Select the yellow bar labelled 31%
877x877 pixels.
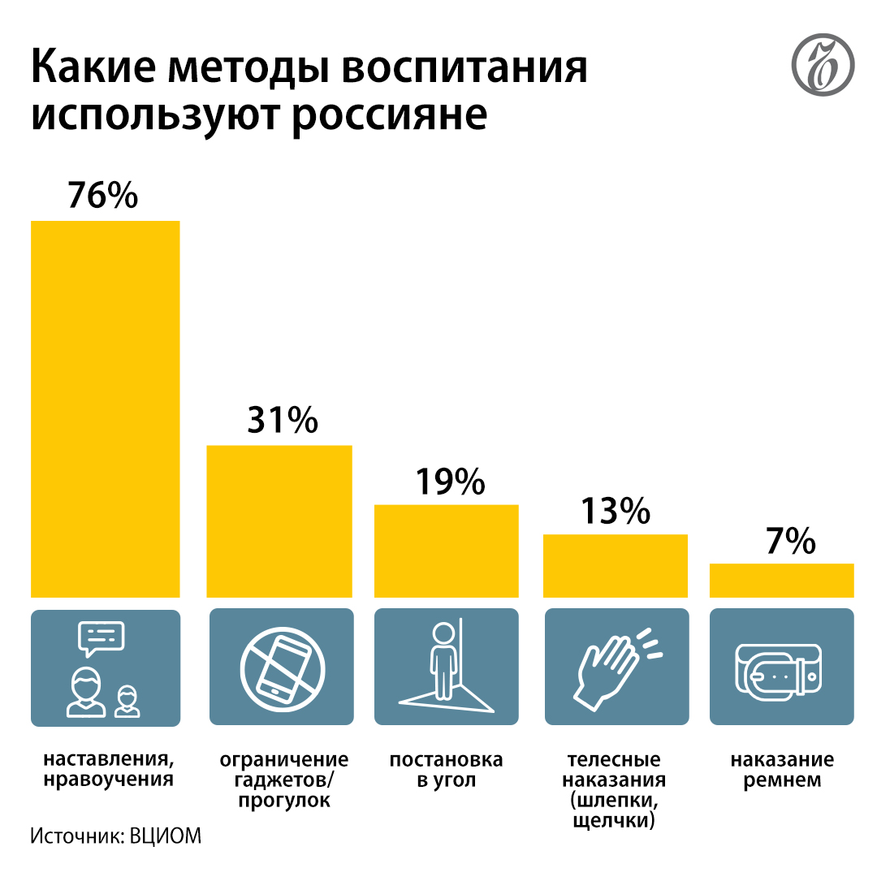pos(279,521)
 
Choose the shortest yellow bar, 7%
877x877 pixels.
pos(781,580)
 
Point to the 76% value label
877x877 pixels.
pos(103,197)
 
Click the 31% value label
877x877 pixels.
pos(282,421)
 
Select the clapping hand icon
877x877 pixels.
pos(615,666)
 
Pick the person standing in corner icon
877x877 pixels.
pos(446,666)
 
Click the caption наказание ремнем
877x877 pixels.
pos(781,771)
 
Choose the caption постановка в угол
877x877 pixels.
pos(446,771)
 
